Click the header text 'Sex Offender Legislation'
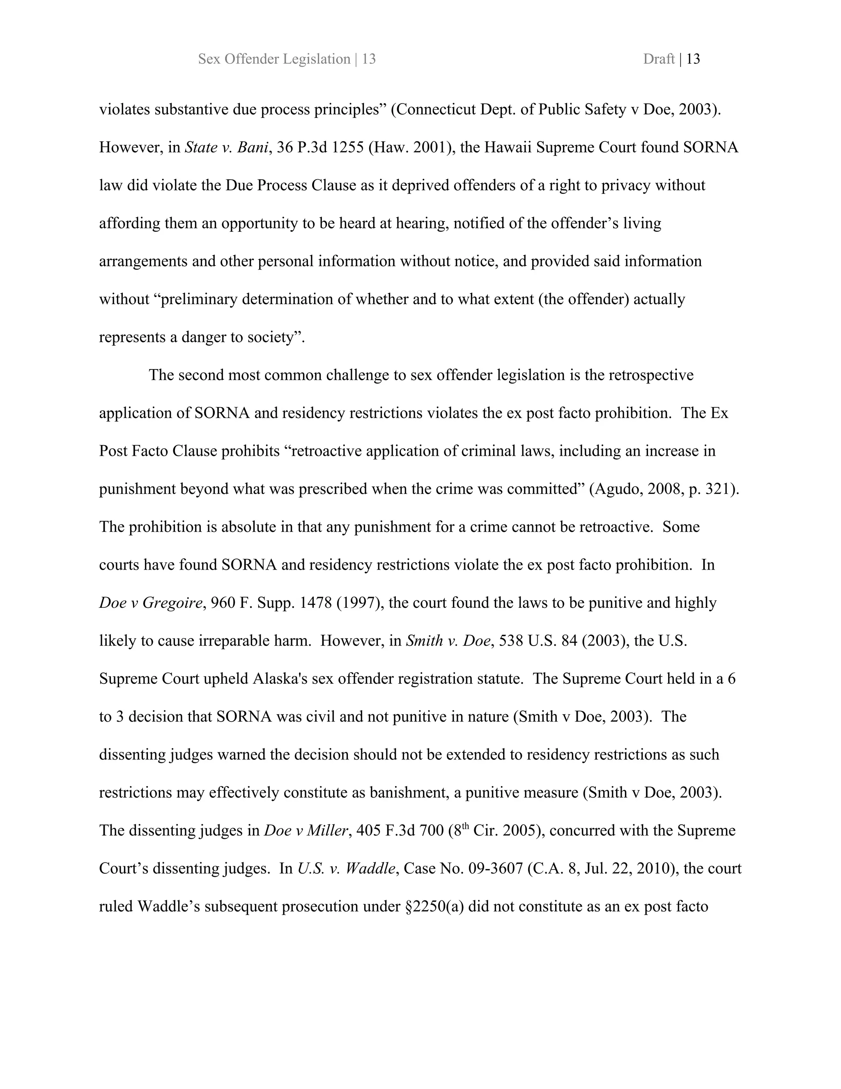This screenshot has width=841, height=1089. coord(274,59)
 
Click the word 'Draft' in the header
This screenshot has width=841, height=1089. coord(658,59)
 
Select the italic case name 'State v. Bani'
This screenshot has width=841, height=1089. coord(226,148)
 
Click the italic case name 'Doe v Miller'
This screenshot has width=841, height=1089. coord(306,831)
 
